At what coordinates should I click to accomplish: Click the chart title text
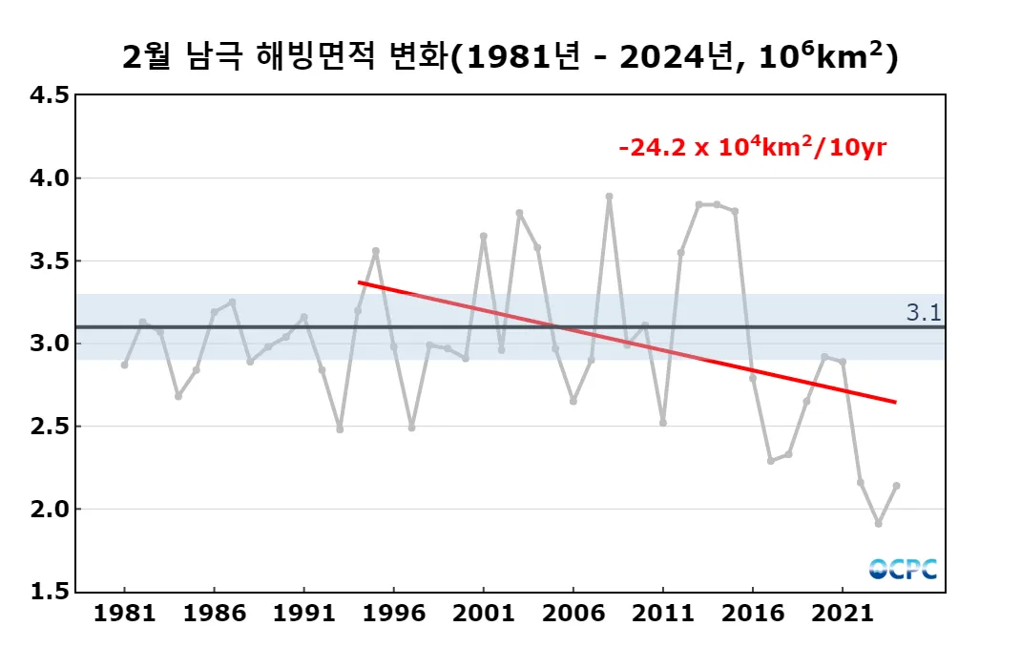pos(510,57)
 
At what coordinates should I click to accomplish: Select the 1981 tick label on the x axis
pos(124,614)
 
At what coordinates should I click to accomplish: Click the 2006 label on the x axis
pos(573,614)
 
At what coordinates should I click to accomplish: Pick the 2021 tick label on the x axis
pos(842,614)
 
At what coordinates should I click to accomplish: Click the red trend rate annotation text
pos(753,148)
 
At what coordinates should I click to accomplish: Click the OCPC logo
pos(903,569)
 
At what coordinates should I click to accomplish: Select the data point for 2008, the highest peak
pos(609,197)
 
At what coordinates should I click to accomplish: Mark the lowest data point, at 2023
pos(878,523)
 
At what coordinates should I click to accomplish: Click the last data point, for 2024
pos(896,486)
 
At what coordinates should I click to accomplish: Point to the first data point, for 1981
pos(124,365)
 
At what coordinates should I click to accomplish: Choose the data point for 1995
pos(376,251)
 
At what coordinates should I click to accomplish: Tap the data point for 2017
pos(770,461)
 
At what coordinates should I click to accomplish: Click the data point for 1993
pos(340,429)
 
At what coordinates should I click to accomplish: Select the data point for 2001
pos(484,236)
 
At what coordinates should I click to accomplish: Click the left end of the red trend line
pos(359,282)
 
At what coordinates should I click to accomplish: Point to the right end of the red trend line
pos(895,402)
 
